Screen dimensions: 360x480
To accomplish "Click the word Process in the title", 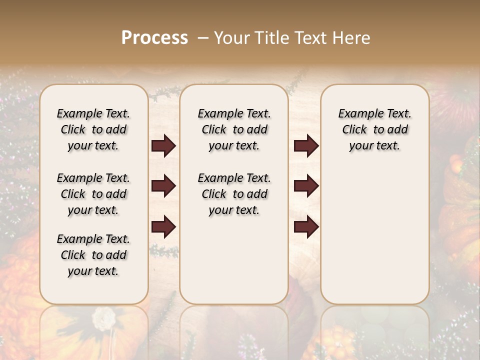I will tap(154, 38).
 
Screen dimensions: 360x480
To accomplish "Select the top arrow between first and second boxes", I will tap(163, 146).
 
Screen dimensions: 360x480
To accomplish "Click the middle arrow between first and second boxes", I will tap(163, 186).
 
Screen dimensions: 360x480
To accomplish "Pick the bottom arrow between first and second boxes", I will tap(163, 226).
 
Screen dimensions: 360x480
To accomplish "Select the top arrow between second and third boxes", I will tap(306, 146).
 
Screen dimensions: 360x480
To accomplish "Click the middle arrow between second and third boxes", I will tap(306, 186).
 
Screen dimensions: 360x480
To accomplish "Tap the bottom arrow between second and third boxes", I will tap(306, 226).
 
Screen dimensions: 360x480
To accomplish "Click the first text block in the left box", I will tap(93, 129).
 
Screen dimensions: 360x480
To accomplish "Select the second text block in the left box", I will tap(93, 194).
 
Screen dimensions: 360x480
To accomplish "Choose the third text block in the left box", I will tap(93, 255).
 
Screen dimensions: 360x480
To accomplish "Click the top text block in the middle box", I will tap(234, 129).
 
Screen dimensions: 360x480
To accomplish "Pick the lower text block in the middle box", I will tap(234, 194).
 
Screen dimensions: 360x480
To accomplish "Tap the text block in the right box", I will tap(374, 129).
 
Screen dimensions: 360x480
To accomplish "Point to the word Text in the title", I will tap(310, 38).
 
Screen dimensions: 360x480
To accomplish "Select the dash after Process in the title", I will tap(203, 38).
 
